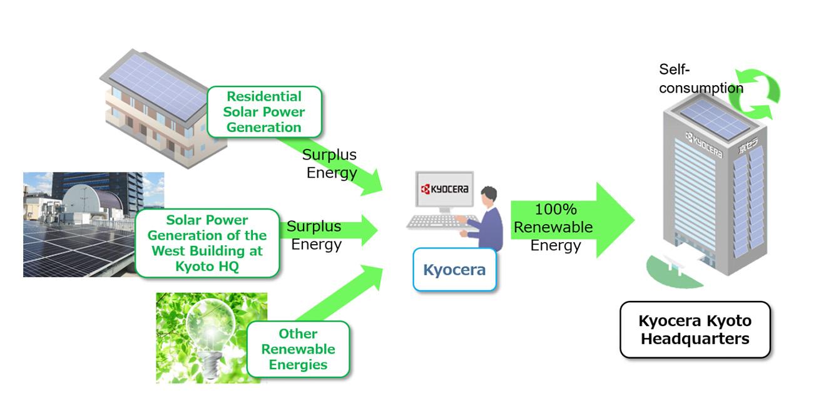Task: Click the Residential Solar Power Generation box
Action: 265,112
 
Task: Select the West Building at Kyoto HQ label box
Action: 207,243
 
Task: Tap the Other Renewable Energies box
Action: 298,349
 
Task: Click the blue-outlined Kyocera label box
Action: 454,270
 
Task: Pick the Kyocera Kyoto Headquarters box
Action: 695,330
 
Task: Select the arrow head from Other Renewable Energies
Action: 371,277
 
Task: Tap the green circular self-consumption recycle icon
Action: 756,94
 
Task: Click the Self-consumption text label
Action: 701,79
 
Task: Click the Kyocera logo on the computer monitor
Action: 445,189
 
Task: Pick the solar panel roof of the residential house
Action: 158,86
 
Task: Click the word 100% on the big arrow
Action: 556,210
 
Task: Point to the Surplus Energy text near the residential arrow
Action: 330,163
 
